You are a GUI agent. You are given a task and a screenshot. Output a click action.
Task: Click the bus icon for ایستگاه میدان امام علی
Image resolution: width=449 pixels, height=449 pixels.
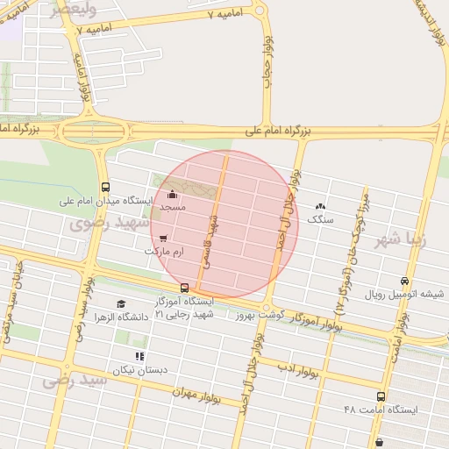106,187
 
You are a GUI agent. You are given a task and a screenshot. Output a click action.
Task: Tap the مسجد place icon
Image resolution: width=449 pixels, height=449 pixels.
172,195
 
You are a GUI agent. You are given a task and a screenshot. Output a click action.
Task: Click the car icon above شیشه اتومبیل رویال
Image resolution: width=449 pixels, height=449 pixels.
403,281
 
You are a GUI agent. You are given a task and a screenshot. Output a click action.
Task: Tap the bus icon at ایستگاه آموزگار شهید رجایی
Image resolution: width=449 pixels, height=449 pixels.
184,288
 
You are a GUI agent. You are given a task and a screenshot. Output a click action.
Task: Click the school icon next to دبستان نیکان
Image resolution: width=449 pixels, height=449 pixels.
139,356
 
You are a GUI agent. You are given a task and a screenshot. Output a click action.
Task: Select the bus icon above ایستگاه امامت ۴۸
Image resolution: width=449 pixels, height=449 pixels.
381,396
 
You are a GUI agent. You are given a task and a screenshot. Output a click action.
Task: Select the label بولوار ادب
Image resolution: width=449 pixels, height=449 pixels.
302,369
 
